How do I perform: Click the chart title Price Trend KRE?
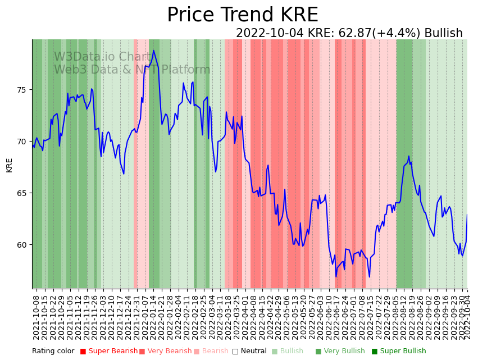[x=242, y=15]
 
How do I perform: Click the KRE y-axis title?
[x=10, y=165]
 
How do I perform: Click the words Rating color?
[x=53, y=351]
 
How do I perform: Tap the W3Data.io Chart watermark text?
[x=103, y=57]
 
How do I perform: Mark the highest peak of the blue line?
[x=153, y=51]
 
